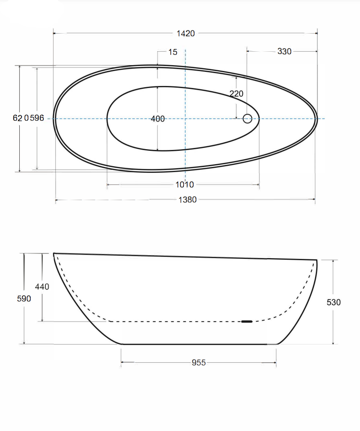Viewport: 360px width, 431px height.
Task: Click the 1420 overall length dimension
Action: click(186, 34)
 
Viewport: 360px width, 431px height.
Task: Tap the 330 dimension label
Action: click(284, 51)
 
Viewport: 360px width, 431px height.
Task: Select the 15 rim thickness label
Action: click(173, 52)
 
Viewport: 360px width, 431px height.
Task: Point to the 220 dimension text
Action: click(236, 94)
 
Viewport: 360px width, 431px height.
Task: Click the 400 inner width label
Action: click(157, 119)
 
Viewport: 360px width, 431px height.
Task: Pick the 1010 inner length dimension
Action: click(184, 184)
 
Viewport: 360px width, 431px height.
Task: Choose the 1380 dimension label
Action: click(187, 200)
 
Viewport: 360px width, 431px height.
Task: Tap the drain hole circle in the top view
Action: click(247, 118)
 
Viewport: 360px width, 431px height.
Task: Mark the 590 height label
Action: click(24, 299)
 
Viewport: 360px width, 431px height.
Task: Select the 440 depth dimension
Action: click(42, 287)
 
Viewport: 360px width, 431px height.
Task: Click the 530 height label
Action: click(334, 302)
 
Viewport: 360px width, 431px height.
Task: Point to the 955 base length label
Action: click(199, 362)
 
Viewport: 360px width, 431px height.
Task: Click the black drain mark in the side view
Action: click(247, 322)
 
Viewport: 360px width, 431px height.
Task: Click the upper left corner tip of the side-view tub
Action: click(54, 253)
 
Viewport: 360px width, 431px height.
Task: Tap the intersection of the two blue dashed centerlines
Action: click(185, 118)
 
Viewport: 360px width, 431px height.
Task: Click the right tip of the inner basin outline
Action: click(259, 118)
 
